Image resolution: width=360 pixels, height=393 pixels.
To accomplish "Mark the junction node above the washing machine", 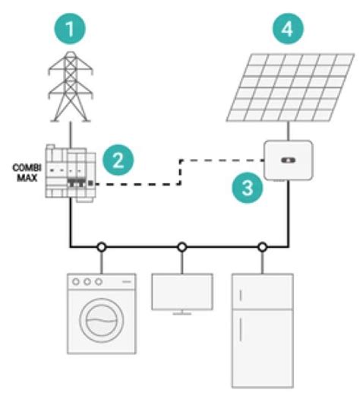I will (x=101, y=246).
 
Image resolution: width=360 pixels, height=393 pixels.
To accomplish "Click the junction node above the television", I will (x=182, y=246).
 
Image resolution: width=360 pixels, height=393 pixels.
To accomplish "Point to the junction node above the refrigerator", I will (x=262, y=246).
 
